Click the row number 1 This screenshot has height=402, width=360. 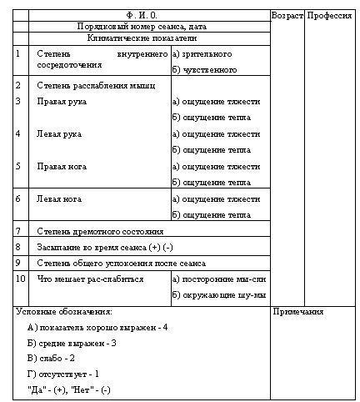click(x=19, y=53)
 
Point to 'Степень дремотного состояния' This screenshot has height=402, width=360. click(x=100, y=231)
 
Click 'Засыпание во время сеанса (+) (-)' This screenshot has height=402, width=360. click(x=105, y=247)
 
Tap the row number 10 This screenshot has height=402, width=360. click(x=21, y=279)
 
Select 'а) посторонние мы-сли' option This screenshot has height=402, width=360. click(x=218, y=279)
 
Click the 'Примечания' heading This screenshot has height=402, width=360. click(x=298, y=312)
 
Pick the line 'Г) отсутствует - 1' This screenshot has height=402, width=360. click(x=62, y=374)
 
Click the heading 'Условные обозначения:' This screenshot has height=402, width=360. click(x=64, y=312)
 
